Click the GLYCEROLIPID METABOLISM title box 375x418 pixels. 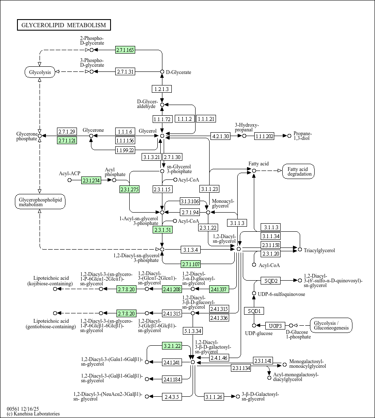64,25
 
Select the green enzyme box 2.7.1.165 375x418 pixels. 125,50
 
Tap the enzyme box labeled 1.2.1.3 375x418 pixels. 162,89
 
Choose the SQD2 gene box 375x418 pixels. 271,281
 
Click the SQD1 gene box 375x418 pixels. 254,311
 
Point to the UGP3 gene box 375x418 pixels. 276,326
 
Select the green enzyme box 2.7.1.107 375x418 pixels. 191,263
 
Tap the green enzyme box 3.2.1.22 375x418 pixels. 172,346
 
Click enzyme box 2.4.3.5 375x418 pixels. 172,397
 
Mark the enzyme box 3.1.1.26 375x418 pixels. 214,397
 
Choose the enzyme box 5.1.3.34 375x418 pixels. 193,330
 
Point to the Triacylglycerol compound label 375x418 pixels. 319,250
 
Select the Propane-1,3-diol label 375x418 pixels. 303,136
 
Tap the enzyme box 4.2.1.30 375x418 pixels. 220,136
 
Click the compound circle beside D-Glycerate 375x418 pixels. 162,72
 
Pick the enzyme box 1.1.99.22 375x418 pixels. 125,150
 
